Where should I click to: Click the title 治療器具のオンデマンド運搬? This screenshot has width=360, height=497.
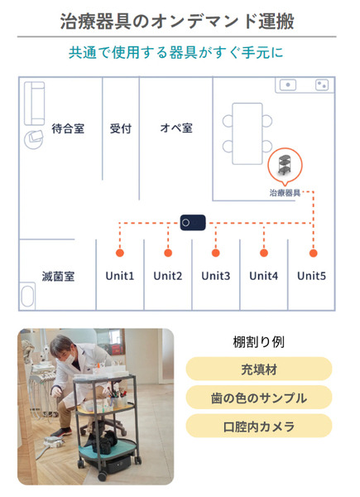tap(177, 22)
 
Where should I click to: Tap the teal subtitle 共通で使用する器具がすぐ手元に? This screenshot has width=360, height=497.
tap(175, 53)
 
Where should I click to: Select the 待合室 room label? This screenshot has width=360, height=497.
tap(68, 128)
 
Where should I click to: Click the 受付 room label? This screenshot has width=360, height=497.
tap(121, 128)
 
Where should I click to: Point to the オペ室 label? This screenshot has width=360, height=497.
tap(176, 128)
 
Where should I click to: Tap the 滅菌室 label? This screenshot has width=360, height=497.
tap(58, 277)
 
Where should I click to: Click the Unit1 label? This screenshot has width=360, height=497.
tap(120, 276)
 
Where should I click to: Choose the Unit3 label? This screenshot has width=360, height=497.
tap(216, 276)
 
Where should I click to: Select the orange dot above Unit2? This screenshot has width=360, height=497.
tap(168, 253)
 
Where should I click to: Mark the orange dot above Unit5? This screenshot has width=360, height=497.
tap(313, 253)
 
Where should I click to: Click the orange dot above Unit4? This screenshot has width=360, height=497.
tap(264, 253)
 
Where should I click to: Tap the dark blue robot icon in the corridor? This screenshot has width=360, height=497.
tap(193, 223)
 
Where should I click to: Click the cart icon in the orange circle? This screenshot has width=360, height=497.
tap(285, 165)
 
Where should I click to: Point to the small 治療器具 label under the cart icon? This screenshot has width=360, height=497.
tap(285, 193)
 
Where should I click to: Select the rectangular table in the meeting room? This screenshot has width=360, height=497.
tap(247, 133)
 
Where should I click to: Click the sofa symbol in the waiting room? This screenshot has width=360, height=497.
tap(35, 104)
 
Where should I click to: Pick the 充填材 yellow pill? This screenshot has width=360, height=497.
tap(259, 369)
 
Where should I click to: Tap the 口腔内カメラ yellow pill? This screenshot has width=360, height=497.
tap(259, 427)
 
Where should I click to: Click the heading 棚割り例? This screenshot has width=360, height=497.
tap(259, 342)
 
